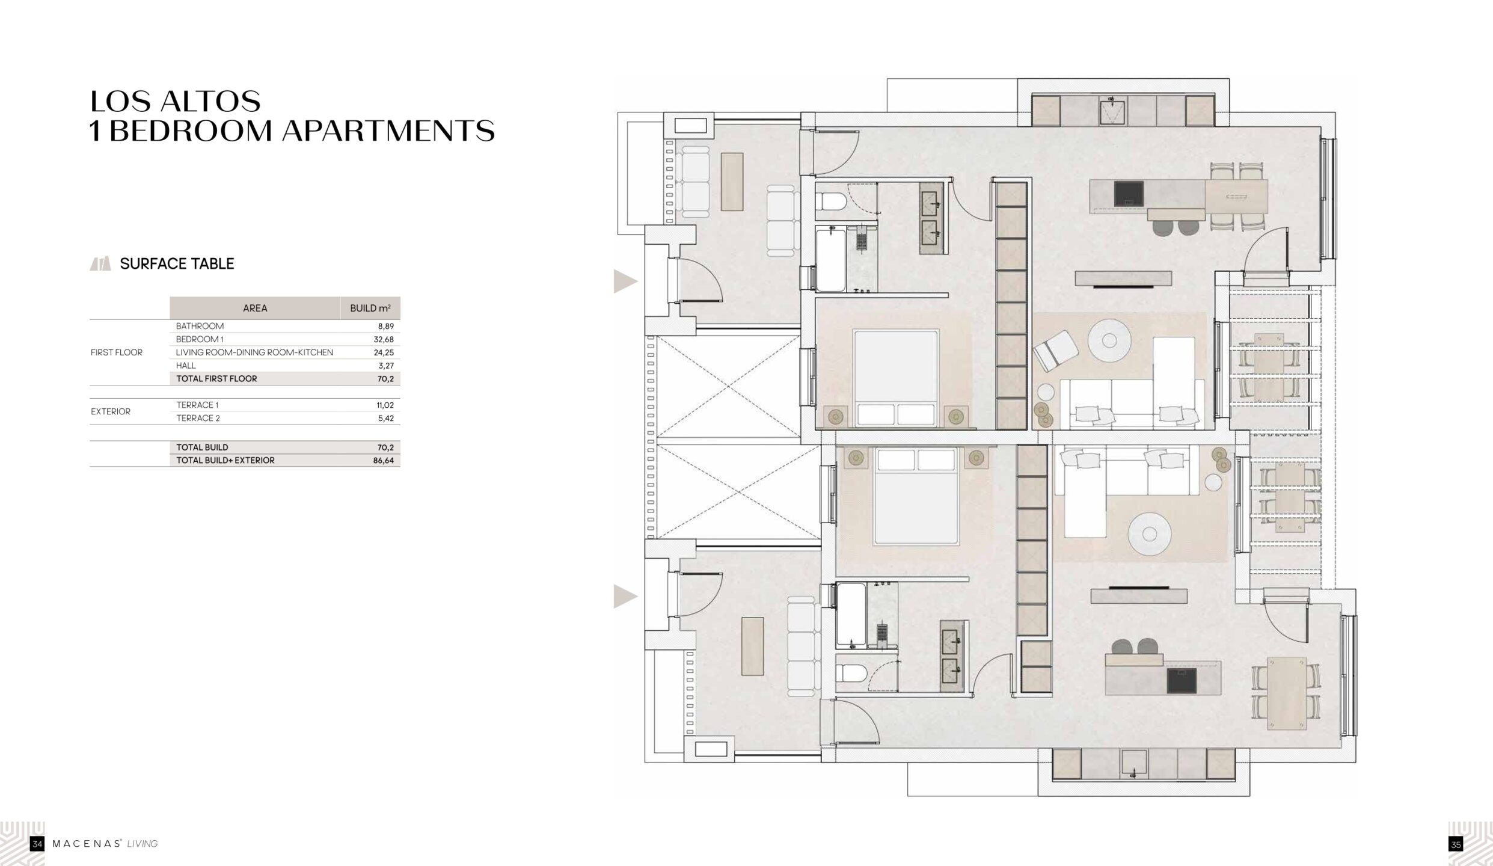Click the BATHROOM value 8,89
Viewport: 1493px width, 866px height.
385,326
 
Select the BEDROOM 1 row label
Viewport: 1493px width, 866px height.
200,339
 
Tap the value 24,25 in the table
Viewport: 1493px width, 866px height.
384,352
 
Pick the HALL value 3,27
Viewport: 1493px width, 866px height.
386,366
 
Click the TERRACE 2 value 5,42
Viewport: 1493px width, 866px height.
386,418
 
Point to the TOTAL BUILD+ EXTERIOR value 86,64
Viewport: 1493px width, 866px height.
384,460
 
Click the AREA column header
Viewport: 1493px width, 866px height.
255,308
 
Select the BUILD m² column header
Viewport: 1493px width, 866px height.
370,308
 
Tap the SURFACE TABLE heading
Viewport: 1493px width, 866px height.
177,263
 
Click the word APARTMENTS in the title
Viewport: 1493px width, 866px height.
388,131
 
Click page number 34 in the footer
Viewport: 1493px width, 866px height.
37,844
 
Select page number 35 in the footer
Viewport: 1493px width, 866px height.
1456,844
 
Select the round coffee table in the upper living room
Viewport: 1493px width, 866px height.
1109,341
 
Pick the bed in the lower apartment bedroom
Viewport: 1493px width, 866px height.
916,496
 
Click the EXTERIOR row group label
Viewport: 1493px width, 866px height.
111,411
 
